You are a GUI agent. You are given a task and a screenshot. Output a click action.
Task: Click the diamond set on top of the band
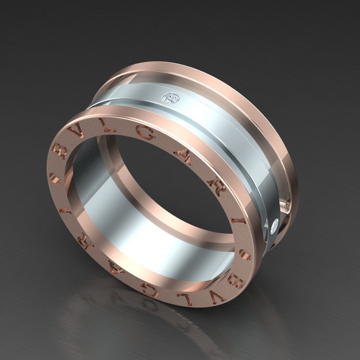pyautogui.click(x=171, y=97)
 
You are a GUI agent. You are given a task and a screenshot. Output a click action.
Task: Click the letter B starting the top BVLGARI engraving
pyautogui.click(x=59, y=151)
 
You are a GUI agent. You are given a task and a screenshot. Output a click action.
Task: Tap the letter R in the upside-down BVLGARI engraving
pyautogui.click(x=86, y=241)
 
